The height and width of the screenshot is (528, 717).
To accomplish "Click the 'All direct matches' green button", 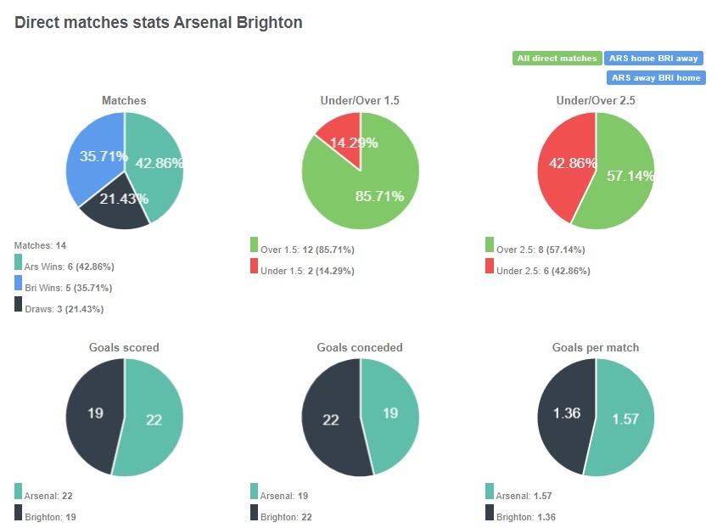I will tap(557, 59).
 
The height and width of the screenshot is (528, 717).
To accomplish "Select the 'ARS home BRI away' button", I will tap(653, 59).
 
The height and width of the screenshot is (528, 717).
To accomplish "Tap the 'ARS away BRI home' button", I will tap(656, 77).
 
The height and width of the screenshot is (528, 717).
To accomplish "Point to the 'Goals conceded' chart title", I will tap(360, 347).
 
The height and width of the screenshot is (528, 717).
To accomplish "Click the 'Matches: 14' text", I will tap(40, 245).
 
